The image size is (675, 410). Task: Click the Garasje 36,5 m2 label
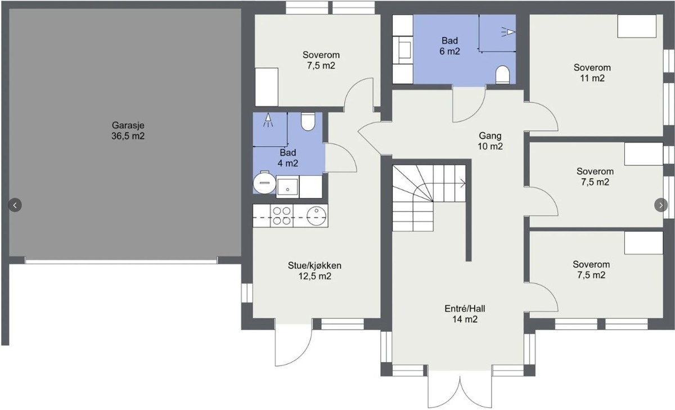point(128,130)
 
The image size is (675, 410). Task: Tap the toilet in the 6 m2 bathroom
point(502,75)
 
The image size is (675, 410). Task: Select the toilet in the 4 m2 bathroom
point(308,121)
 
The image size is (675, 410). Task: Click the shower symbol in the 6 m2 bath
point(508,31)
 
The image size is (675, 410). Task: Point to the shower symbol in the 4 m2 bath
point(268,120)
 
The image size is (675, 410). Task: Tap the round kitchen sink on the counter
point(316,216)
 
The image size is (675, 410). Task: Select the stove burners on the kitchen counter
point(282,216)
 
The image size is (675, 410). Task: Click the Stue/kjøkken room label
point(315,271)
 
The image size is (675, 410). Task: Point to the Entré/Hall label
point(465,314)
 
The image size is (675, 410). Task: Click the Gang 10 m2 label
point(490,141)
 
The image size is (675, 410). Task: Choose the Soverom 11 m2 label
point(592,73)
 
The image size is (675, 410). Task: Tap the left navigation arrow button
point(15,205)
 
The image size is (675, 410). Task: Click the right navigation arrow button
point(661,205)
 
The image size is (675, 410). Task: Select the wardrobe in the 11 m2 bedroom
point(637,26)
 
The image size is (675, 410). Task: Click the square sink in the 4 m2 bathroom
point(287,187)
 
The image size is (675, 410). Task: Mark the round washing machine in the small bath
point(264,183)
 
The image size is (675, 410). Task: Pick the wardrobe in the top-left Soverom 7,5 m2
point(267,87)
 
